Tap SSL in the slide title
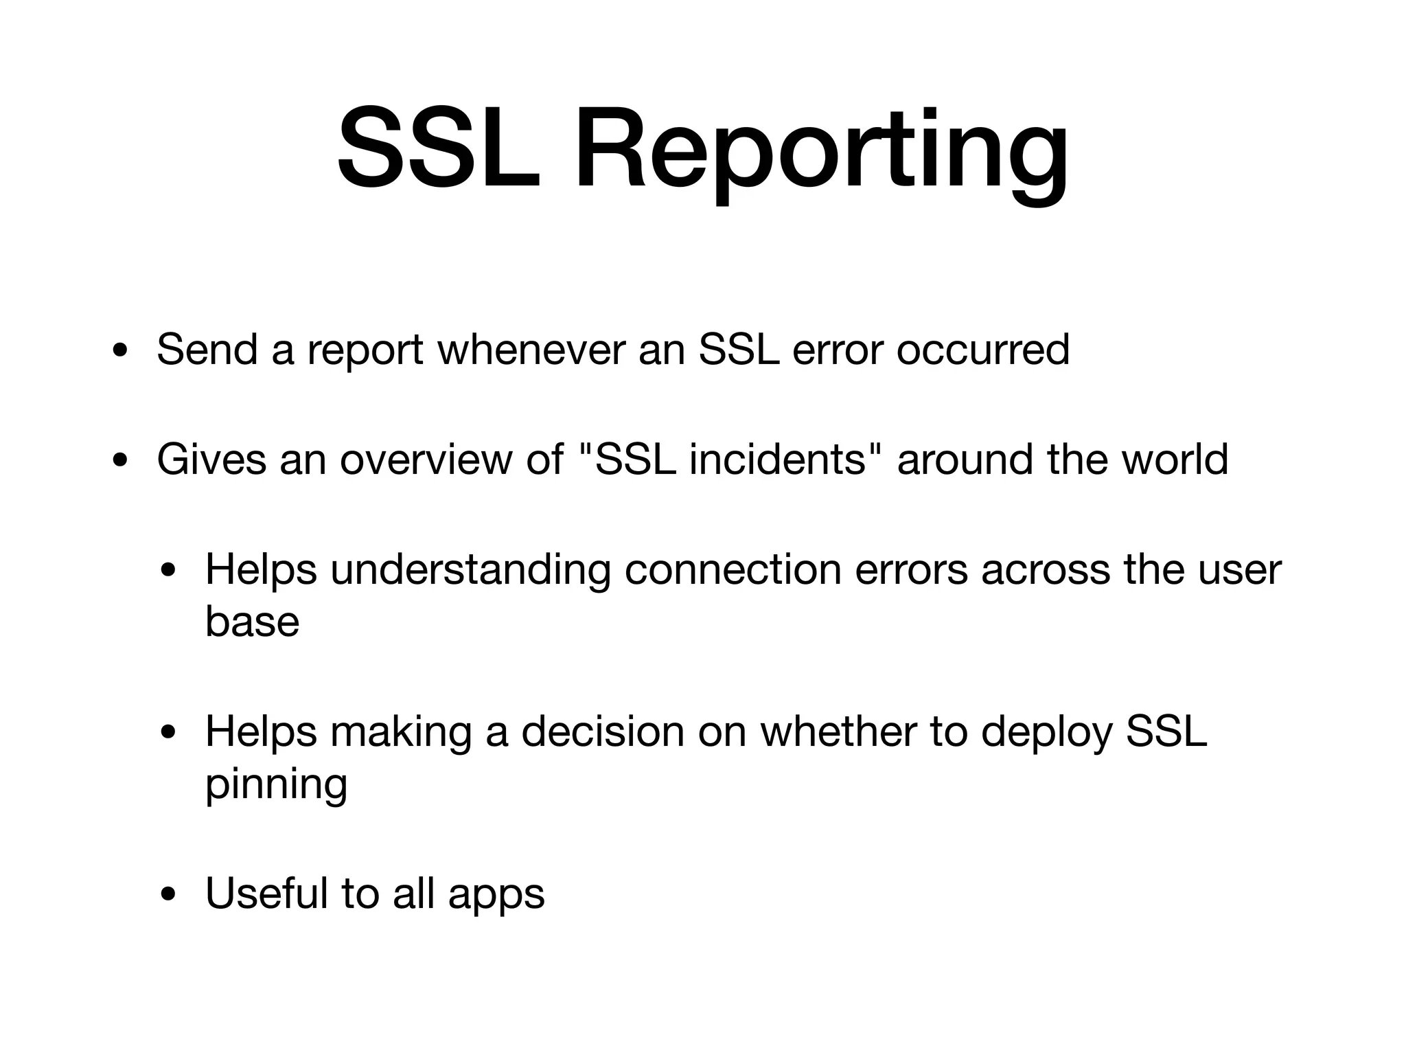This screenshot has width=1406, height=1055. [439, 150]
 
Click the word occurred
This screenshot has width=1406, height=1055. [982, 350]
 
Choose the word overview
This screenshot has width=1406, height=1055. [426, 460]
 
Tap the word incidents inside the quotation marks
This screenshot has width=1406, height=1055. [778, 460]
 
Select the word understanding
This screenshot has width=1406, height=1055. [470, 571]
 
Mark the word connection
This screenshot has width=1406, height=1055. [733, 569]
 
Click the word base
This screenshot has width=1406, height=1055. [252, 622]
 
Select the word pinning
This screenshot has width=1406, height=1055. [276, 785]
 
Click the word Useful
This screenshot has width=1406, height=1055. [266, 894]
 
